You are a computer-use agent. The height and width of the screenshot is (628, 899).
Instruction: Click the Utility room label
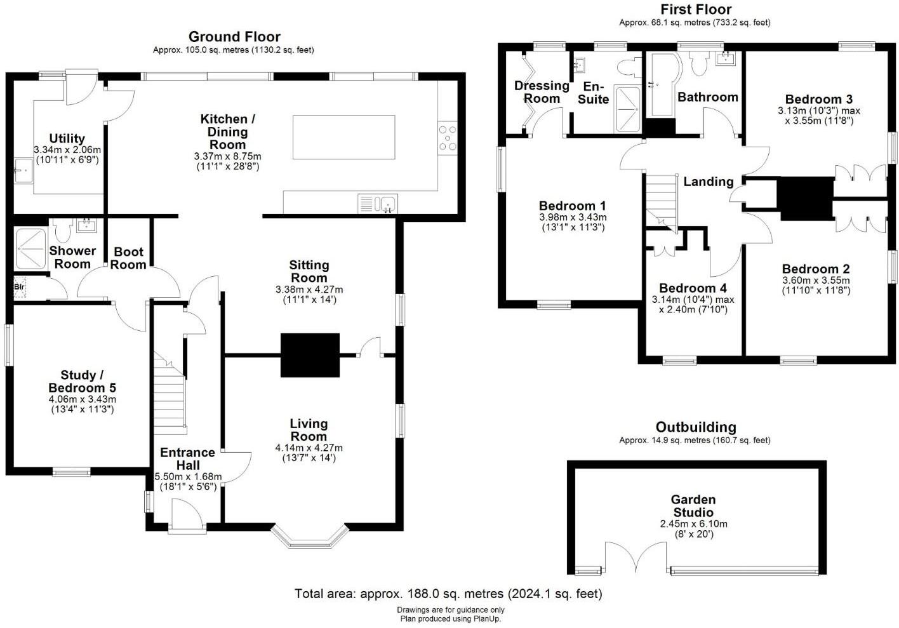[x=67, y=138]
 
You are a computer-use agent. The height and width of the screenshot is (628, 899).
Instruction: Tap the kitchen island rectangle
[x=343, y=137]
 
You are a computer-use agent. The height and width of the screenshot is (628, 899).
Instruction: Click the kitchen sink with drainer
[x=378, y=204]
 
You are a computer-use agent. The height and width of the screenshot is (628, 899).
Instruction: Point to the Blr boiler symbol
[x=19, y=286]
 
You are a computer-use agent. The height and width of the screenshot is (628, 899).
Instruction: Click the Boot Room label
[x=128, y=258]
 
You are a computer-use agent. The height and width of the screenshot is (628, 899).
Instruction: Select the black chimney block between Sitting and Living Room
[x=310, y=354]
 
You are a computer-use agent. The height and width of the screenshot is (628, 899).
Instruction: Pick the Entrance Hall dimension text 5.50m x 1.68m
[x=188, y=476]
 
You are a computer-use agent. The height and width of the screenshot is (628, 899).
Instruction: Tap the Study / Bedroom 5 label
[x=82, y=381]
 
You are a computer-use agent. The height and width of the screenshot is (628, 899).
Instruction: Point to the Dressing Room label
[x=542, y=91]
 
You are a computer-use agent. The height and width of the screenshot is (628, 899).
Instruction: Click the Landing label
[x=708, y=182]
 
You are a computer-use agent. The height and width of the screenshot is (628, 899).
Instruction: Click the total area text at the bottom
[x=448, y=594]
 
